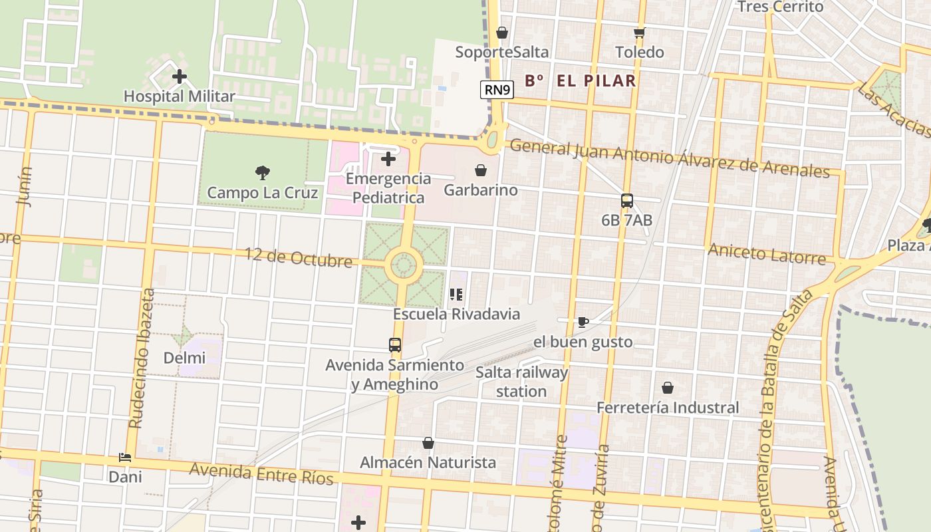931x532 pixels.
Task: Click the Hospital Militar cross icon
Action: tap(179, 76)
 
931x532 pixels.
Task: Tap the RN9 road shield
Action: tap(497, 89)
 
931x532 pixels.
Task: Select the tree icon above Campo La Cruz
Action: tap(263, 173)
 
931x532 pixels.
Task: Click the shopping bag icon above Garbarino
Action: tap(481, 170)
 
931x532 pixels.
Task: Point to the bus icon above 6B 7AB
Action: tap(626, 200)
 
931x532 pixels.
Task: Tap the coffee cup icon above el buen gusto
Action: tap(583, 322)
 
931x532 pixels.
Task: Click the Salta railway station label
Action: tap(521, 382)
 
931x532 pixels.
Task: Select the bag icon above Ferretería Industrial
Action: tap(668, 387)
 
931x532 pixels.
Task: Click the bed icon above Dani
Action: tap(125, 457)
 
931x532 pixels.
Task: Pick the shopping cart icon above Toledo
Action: tap(639, 33)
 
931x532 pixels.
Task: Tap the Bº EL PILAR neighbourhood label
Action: tap(581, 81)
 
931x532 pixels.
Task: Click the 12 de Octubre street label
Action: tap(298, 257)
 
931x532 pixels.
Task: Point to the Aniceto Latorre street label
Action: tap(767, 253)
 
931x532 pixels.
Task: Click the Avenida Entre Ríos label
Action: tap(261, 474)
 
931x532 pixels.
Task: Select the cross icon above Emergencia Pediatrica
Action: tap(388, 159)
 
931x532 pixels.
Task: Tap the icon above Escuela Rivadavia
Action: tap(456, 294)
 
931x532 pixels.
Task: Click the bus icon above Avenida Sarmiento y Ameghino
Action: tap(395, 345)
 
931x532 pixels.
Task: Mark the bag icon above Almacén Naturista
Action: tap(428, 442)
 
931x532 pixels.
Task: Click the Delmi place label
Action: tap(184, 358)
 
